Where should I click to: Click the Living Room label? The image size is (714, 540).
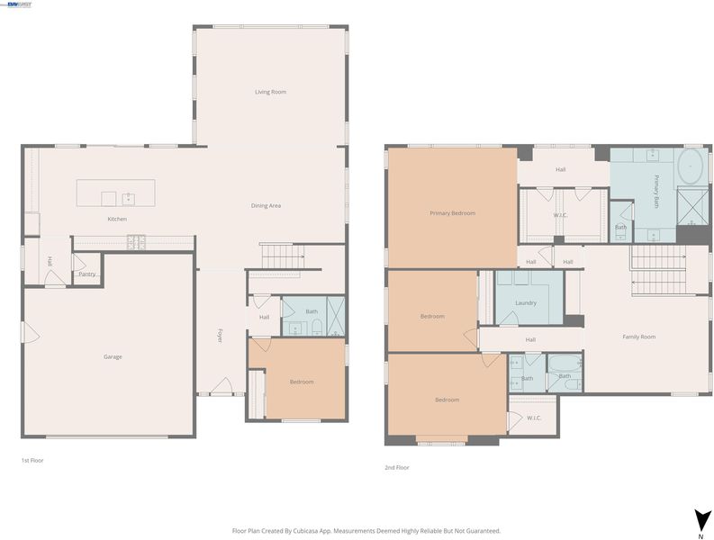270,92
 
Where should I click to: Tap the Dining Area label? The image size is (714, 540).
266,206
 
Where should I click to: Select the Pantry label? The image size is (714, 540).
87,274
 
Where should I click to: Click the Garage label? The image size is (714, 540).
113,357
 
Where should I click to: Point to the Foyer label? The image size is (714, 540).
220,335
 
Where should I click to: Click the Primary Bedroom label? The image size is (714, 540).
453,213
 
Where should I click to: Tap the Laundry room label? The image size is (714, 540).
526,302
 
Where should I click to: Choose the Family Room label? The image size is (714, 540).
639,337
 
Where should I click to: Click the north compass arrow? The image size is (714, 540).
701,519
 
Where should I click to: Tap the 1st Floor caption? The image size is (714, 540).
32,460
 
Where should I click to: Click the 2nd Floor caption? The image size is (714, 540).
397,468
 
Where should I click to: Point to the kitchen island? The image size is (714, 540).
115,193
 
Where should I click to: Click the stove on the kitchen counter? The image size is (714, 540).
136,242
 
